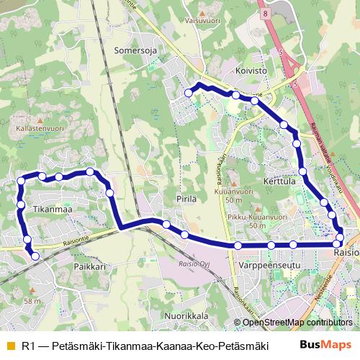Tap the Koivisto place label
[x=251, y=71]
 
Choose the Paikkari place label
[x=89, y=266]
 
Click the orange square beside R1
[x=10, y=346]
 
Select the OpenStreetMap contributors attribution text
[x=297, y=323]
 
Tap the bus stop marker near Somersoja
[x=189, y=93]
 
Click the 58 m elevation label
[x=32, y=300]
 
